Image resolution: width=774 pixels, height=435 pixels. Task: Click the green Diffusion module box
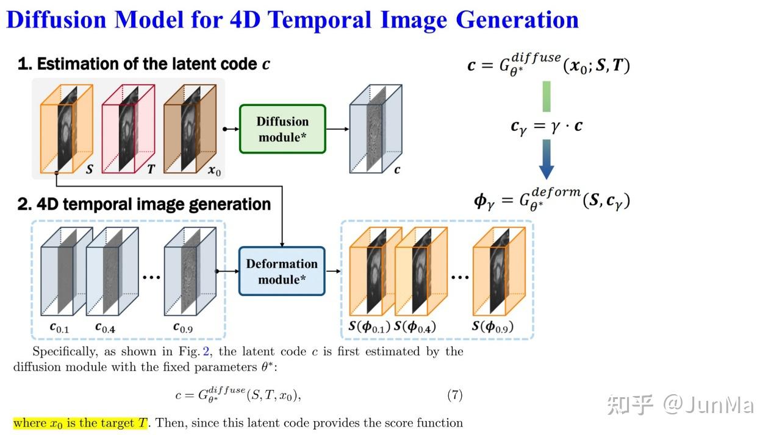pyautogui.click(x=282, y=129)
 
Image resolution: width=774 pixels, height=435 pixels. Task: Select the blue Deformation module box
pyautogui.click(x=282, y=271)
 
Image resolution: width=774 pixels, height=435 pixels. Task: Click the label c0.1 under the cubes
pyautogui.click(x=59, y=328)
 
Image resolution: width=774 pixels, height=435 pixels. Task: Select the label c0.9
pyautogui.click(x=184, y=328)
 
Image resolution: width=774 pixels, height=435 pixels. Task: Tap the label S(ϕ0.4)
pyautogui.click(x=415, y=327)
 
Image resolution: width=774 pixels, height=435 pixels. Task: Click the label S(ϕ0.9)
pyautogui.click(x=493, y=327)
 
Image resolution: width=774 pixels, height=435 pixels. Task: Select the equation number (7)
pyautogui.click(x=454, y=395)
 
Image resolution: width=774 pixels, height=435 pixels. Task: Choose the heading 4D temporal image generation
pyautogui.click(x=144, y=204)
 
